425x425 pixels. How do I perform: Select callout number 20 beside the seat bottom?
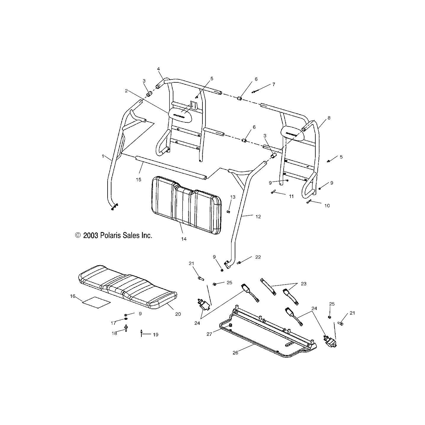pos(178,314)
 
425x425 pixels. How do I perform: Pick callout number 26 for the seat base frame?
pos(236,352)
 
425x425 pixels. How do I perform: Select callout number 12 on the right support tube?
pos(258,217)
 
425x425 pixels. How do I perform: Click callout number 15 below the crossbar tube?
pos(138,179)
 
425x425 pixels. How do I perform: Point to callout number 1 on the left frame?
pos(103,156)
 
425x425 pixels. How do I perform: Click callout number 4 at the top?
pos(159,69)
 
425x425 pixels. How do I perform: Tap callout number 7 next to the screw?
pos(274,84)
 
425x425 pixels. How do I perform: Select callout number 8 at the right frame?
pos(329,118)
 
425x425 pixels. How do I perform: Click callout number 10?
pos(327,205)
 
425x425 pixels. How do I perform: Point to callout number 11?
pos(291,196)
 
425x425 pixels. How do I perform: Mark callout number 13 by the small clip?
pos(233,197)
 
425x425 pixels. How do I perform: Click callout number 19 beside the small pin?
pos(156,335)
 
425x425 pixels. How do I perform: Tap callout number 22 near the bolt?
pos(258,257)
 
